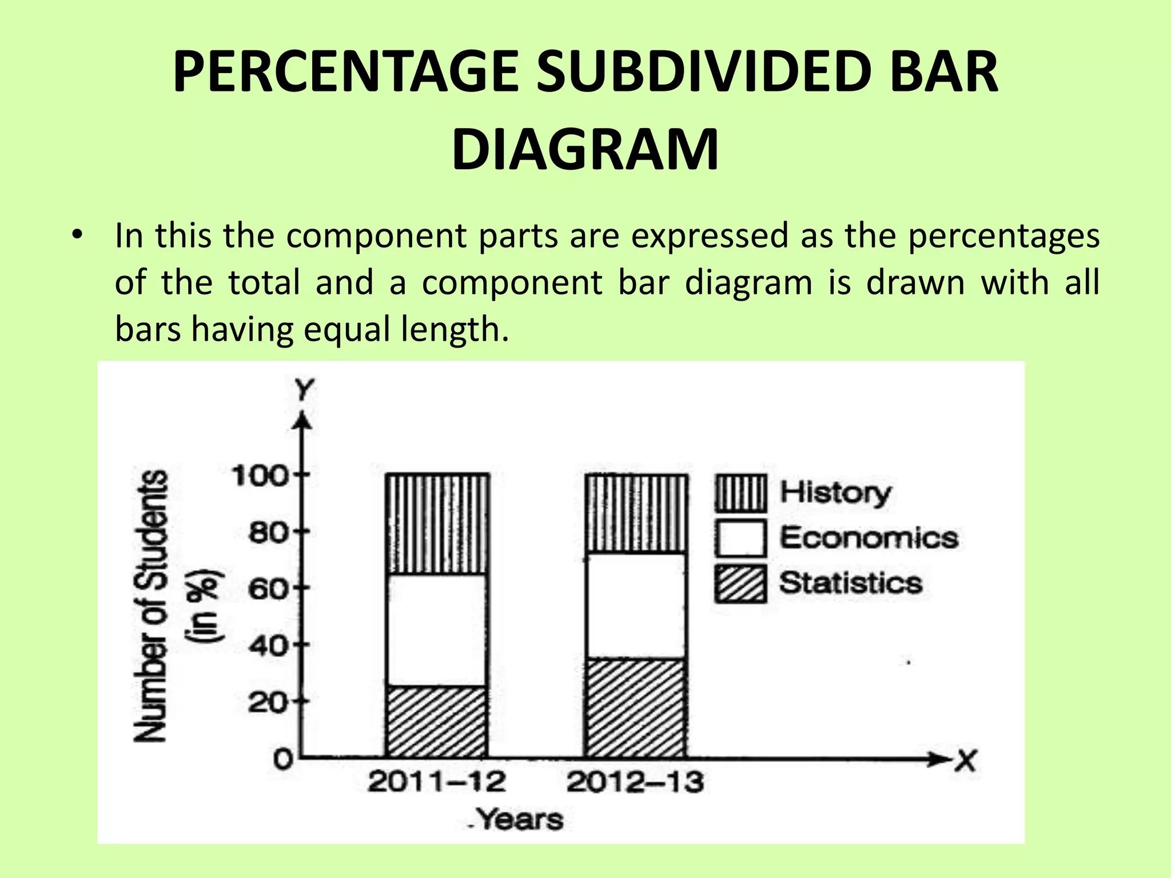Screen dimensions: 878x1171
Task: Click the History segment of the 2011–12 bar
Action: [437, 524]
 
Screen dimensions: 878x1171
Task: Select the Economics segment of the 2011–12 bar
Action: [437, 630]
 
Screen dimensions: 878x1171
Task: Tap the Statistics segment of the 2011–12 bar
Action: [437, 721]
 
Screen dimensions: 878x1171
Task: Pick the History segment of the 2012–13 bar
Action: [636, 513]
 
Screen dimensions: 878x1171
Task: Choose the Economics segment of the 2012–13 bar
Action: [636, 606]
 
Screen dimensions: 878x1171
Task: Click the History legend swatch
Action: [740, 493]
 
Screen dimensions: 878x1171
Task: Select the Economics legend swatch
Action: [740, 538]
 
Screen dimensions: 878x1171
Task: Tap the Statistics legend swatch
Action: [740, 584]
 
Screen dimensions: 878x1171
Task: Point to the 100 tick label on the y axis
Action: [259, 476]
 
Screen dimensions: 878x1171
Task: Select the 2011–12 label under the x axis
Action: [437, 782]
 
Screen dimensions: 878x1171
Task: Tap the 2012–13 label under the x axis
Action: [635, 782]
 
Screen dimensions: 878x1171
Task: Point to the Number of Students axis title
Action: [151, 606]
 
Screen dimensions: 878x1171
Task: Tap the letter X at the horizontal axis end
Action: [966, 761]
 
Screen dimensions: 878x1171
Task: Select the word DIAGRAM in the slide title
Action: [585, 150]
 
